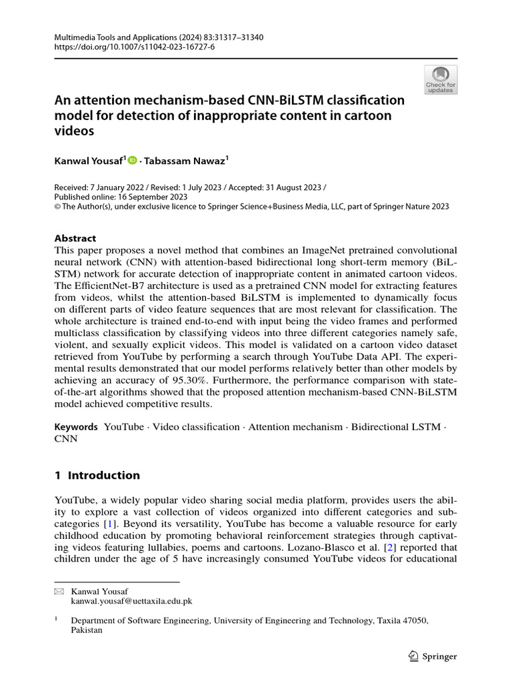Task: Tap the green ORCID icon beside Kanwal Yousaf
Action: pyautogui.click(x=132, y=160)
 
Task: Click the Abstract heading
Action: pyautogui.click(x=75, y=238)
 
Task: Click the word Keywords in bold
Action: pyautogui.click(x=76, y=427)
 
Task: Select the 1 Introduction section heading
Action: pyautogui.click(x=97, y=476)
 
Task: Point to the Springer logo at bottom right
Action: pyautogui.click(x=432, y=656)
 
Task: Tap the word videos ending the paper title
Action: pyautogui.click(x=74, y=131)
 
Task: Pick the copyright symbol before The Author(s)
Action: pyautogui.click(x=57, y=207)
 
